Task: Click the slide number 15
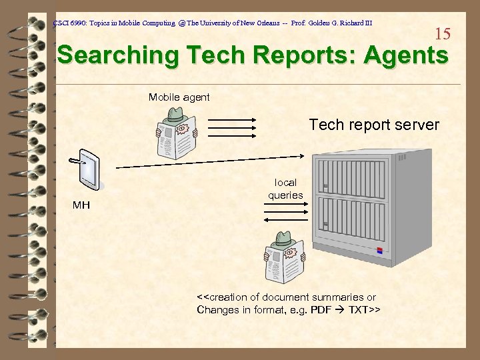tap(443, 33)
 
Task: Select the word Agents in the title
tap(406, 55)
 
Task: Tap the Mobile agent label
tap(179, 97)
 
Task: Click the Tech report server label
tap(374, 125)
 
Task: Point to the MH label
tap(81, 205)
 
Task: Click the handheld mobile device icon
tap(87, 169)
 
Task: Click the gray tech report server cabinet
tap(363, 207)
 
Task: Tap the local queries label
tap(285, 189)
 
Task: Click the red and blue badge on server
tap(381, 251)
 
